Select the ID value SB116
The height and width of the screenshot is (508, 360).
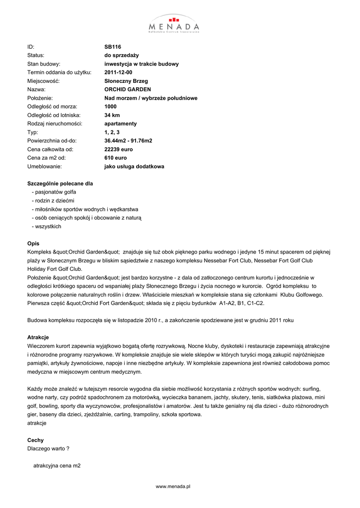(x=113, y=47)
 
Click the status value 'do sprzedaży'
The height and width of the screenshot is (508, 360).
(x=121, y=56)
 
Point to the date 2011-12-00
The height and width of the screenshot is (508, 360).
(x=118, y=72)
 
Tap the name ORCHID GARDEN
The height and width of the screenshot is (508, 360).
(x=128, y=90)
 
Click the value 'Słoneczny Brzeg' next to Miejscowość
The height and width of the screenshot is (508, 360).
(x=126, y=81)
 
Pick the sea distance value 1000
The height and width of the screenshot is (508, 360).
(x=110, y=107)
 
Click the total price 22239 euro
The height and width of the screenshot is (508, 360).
(x=119, y=149)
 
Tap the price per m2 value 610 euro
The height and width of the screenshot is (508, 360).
(x=116, y=158)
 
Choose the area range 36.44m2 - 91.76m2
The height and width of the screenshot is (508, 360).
(x=128, y=141)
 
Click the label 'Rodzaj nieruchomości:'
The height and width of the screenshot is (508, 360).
(x=55, y=124)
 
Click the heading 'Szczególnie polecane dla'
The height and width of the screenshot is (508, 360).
(x=60, y=184)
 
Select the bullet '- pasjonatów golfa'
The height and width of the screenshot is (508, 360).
(x=54, y=192)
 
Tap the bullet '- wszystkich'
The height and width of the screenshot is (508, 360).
(x=46, y=226)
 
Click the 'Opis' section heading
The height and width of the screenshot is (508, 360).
(x=33, y=243)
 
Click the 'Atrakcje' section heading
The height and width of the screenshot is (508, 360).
(x=38, y=337)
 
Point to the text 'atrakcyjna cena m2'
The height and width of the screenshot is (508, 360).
(x=57, y=466)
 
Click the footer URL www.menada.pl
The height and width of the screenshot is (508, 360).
(x=173, y=487)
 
